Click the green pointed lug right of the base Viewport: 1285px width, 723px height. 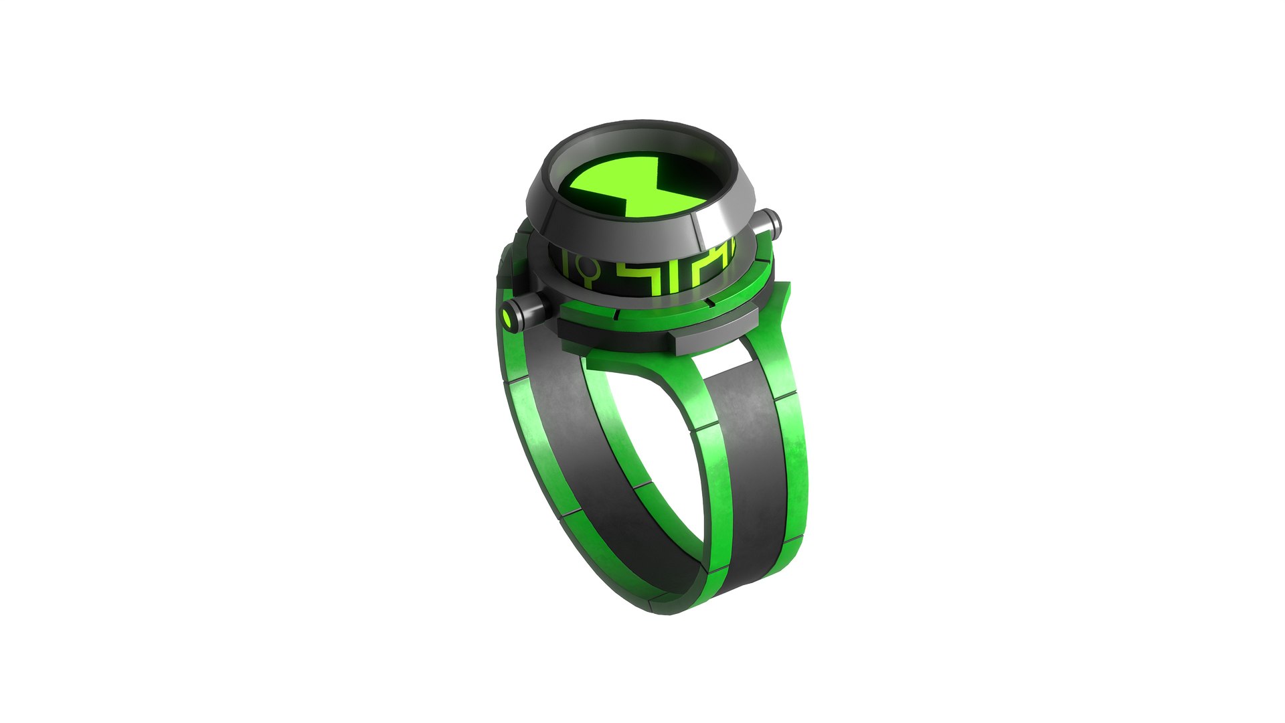coord(784,305)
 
